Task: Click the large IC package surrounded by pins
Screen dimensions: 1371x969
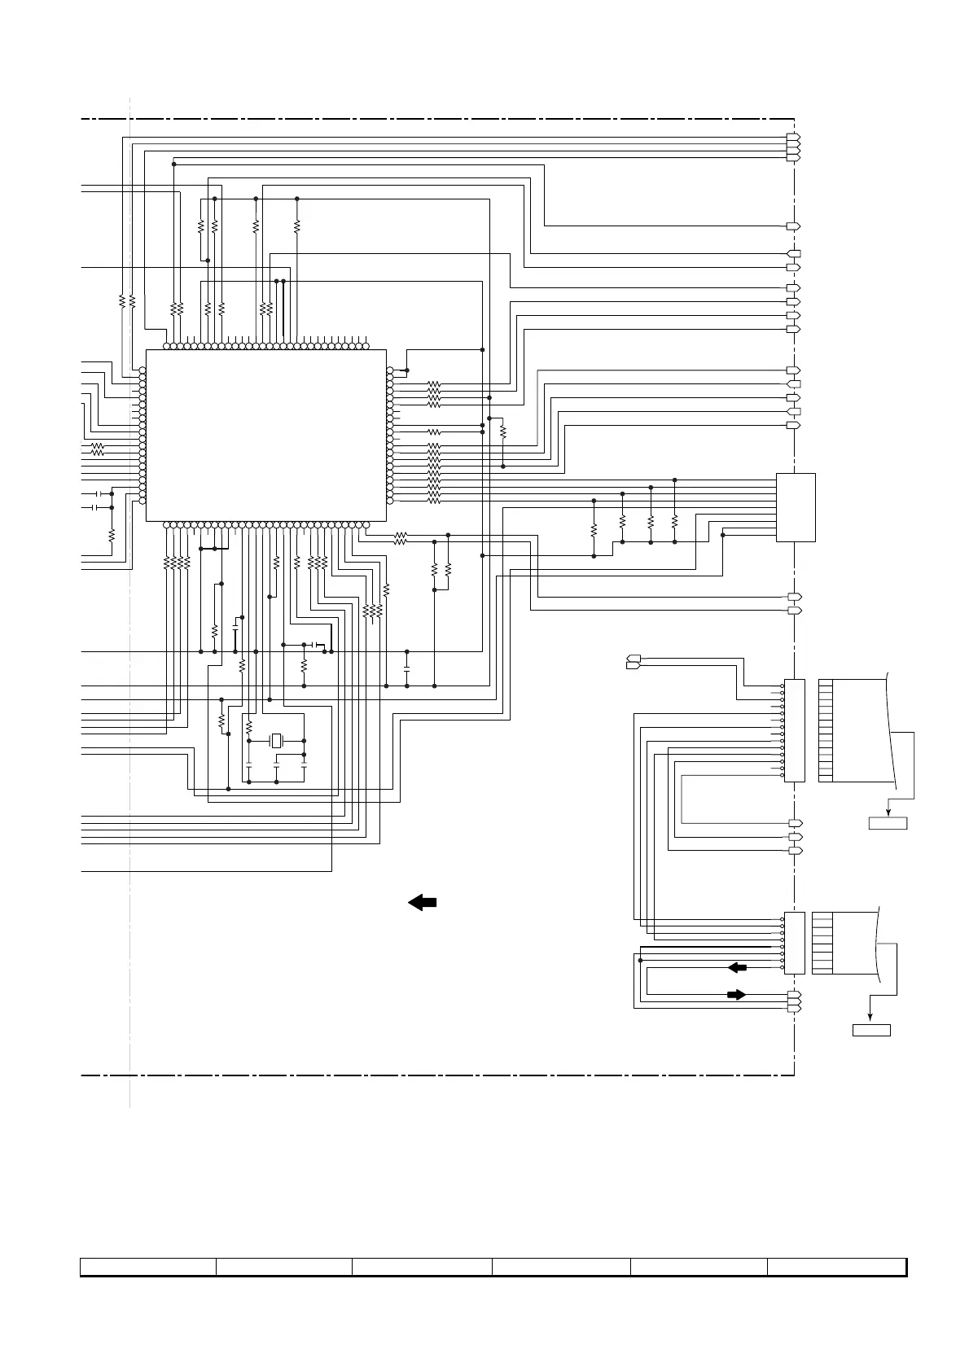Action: [x=265, y=435]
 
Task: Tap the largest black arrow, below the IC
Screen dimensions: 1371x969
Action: [x=422, y=902]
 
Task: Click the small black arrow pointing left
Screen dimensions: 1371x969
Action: [x=737, y=967]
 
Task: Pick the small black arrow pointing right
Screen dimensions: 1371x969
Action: [x=736, y=994]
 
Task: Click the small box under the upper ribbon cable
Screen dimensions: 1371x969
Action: [x=888, y=824]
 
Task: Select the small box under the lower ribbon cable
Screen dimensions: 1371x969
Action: [x=871, y=1030]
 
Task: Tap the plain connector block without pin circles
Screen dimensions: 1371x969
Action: [x=796, y=506]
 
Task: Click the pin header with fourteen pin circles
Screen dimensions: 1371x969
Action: [x=794, y=730]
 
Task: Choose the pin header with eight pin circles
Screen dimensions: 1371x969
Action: [x=794, y=943]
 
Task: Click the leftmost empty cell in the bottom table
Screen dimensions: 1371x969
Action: [x=148, y=1266]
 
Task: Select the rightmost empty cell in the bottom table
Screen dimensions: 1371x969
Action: [x=836, y=1266]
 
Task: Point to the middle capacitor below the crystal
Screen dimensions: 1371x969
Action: [x=277, y=767]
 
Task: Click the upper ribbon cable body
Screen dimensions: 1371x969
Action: [x=859, y=730]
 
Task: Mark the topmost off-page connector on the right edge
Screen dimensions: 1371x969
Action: [x=794, y=136]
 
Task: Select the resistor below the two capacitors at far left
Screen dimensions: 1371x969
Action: [x=112, y=535]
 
